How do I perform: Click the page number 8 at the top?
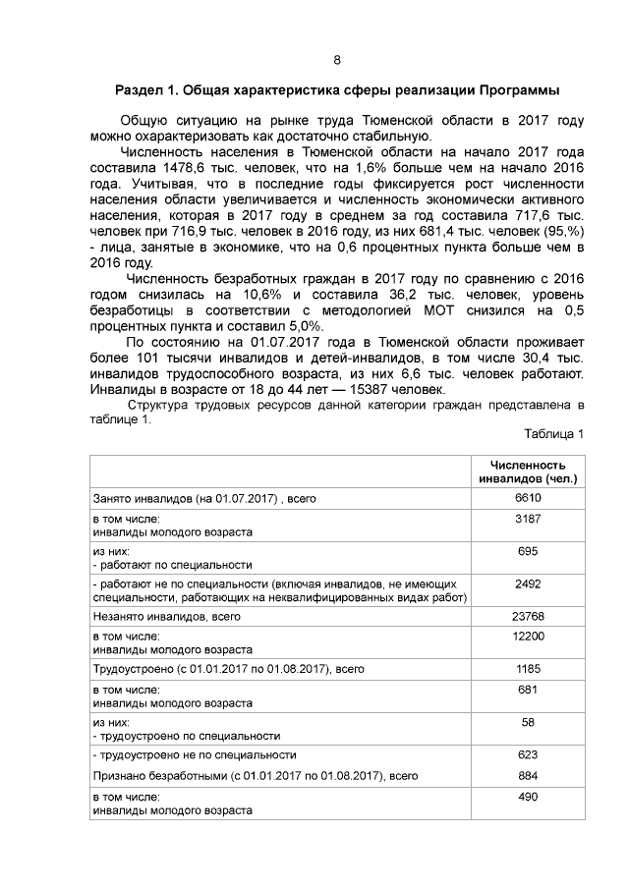coord(336,60)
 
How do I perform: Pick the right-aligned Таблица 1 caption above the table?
coord(553,433)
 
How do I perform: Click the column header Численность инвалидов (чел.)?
coord(528,472)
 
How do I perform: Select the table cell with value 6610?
coord(529,499)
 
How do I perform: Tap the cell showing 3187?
coord(529,519)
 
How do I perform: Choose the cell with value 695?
coord(529,552)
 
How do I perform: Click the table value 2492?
coord(529,583)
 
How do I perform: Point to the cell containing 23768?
coord(529,616)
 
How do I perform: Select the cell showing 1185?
coord(529,668)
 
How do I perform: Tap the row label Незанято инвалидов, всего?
coord(166,617)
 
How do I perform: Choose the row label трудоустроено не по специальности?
coord(195,754)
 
